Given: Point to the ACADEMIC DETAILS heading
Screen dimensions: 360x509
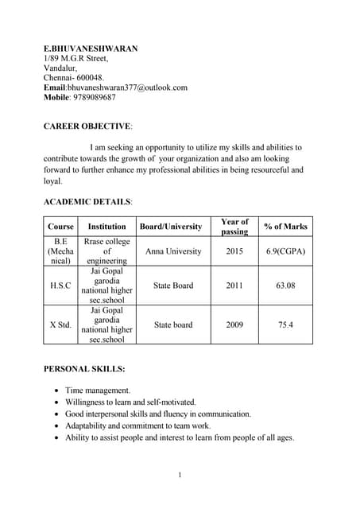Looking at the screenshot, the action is click(87, 202).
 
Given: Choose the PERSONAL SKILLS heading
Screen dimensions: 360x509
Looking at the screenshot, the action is click(83, 369).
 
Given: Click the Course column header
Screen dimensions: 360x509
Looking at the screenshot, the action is click(60, 227).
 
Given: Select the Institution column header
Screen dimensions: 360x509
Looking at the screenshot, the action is click(106, 227).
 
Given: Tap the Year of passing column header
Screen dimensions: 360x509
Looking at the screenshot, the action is click(234, 227).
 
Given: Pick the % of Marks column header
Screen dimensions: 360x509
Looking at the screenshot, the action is click(285, 227).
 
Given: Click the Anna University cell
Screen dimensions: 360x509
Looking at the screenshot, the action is click(173, 251).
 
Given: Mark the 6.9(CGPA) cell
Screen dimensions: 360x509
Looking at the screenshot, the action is click(285, 251).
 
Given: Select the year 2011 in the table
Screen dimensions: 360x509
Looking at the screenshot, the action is click(234, 286).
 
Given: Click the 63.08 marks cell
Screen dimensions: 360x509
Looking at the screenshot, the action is click(285, 286).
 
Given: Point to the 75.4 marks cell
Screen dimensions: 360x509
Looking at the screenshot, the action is click(285, 324).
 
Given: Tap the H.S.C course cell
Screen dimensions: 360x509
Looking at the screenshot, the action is click(60, 286).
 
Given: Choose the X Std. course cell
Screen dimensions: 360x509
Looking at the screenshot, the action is click(60, 324).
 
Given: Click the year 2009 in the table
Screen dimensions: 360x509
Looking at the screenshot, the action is click(234, 324).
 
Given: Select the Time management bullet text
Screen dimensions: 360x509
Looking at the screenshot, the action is click(98, 390).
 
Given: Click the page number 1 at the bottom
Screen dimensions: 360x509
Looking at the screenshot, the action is click(180, 476).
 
